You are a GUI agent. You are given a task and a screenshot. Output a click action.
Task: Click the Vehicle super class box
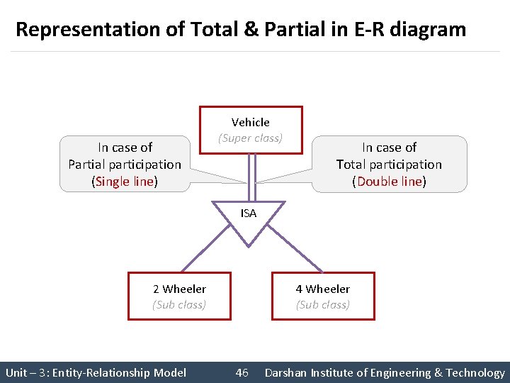(251, 130)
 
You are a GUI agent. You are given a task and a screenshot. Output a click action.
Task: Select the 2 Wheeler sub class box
(179, 296)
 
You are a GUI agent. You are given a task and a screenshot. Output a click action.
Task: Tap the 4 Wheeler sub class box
(323, 296)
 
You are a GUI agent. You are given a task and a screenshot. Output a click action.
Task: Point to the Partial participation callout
(125, 164)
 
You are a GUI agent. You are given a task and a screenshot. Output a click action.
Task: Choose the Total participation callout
(389, 164)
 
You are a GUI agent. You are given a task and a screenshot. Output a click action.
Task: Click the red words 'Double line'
(389, 181)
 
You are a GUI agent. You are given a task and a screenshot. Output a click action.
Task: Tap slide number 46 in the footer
(242, 372)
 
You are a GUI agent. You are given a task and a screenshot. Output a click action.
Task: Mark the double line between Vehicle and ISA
(251, 177)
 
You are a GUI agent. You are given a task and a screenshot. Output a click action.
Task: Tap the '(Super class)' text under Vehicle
(250, 138)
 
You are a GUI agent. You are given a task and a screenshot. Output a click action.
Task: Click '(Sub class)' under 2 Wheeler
(179, 305)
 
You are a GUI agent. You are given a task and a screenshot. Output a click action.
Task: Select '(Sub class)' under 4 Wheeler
(323, 305)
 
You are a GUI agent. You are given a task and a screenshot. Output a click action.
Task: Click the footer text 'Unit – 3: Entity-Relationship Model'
(96, 372)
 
